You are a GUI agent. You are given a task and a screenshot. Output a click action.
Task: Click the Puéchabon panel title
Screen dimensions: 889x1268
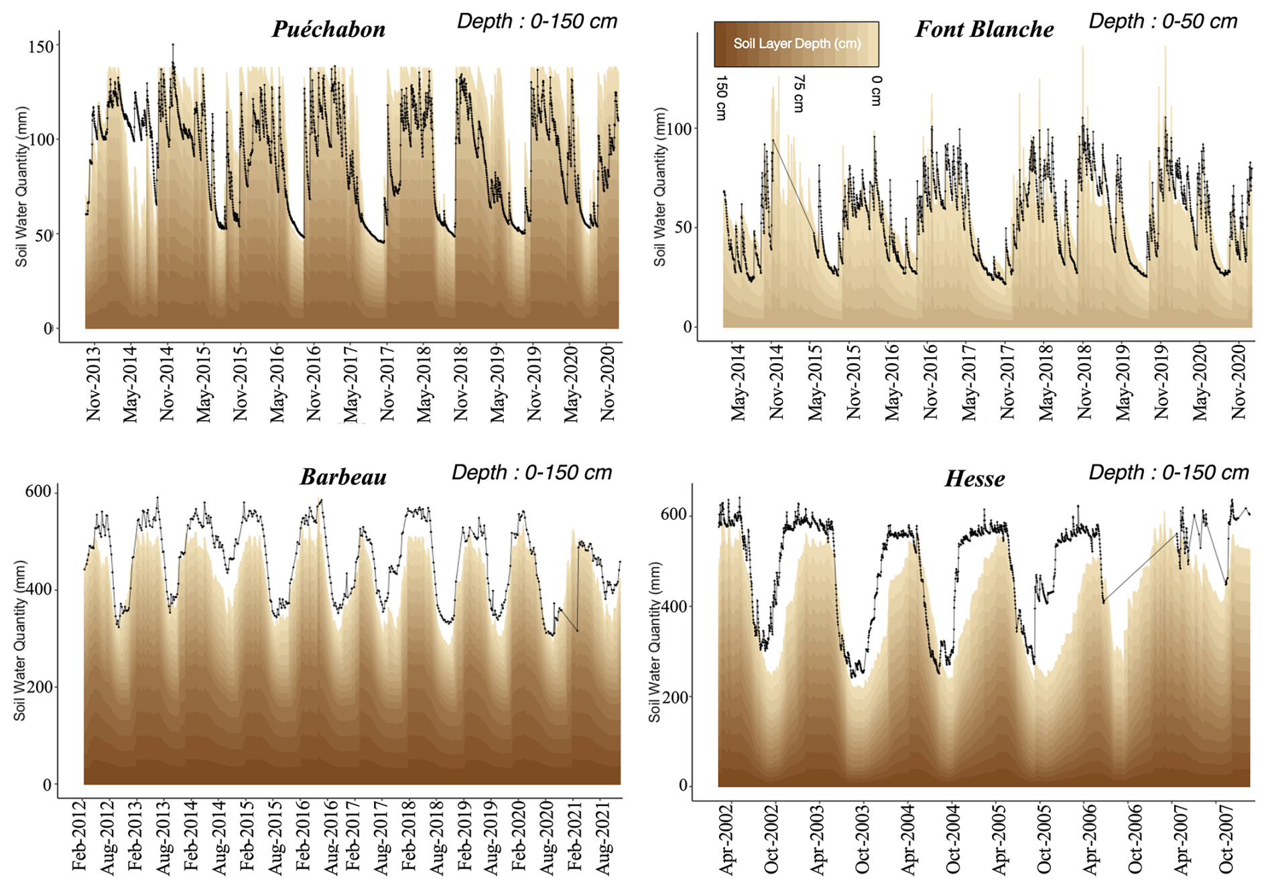(x=328, y=29)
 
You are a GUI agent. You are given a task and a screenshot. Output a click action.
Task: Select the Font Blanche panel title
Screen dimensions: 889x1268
(x=984, y=29)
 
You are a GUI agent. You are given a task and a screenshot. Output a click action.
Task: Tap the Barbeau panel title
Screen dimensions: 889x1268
(x=343, y=476)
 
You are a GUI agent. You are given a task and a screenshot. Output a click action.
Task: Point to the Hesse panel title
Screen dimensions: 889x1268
(x=974, y=478)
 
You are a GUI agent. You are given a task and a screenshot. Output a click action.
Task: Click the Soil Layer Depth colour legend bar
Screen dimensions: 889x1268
(x=796, y=44)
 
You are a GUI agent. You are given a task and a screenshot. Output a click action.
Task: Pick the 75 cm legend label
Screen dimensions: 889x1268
(x=798, y=94)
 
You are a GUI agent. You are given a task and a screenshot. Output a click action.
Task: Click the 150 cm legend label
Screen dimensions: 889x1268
(x=721, y=98)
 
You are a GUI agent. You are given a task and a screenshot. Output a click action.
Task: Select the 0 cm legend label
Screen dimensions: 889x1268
(x=877, y=90)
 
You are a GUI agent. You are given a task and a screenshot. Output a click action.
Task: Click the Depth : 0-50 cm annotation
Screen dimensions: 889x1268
(x=1163, y=21)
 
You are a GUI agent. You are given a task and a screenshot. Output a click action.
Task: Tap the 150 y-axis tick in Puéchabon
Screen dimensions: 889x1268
(x=40, y=46)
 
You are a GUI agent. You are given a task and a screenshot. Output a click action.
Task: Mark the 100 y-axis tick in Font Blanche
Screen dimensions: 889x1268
(x=679, y=129)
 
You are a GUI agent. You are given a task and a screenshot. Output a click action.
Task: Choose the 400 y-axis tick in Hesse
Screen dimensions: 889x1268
(x=674, y=606)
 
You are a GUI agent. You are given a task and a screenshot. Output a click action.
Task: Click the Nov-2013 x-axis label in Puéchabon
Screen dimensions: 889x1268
(x=93, y=383)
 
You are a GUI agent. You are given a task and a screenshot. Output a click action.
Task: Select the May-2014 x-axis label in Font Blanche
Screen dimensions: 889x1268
(x=738, y=383)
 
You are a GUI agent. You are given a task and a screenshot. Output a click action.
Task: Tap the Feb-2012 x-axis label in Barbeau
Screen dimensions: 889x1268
(x=79, y=835)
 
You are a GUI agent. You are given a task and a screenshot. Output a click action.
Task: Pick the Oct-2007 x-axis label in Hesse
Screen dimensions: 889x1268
(x=1226, y=839)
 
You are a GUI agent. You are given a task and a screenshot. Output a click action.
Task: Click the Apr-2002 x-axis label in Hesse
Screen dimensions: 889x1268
(x=726, y=840)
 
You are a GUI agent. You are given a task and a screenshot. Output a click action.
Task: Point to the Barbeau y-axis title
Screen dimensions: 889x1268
(x=19, y=640)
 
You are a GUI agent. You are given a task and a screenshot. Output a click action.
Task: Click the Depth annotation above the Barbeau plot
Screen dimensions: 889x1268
(x=531, y=472)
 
